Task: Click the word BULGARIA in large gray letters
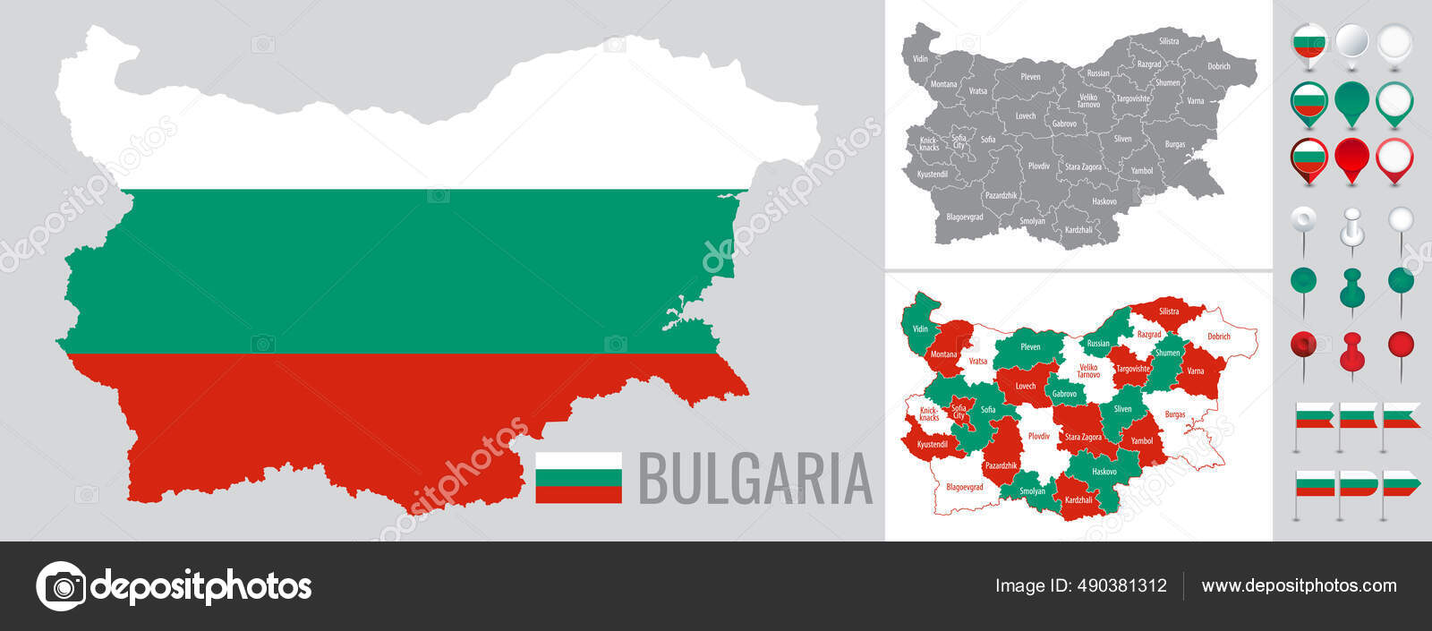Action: coord(754,479)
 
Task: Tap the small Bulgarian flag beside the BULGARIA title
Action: coord(578,478)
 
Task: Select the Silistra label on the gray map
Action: coord(1169,41)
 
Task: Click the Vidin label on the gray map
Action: coord(920,59)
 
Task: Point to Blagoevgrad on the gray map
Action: coord(965,217)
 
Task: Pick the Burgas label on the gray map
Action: coord(1175,144)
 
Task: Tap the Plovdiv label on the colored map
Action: coord(1039,436)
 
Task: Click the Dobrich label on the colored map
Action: coord(1219,337)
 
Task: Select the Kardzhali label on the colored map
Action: coord(1078,500)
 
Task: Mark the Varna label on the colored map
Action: coord(1196,371)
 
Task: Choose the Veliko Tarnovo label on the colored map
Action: coord(1088,371)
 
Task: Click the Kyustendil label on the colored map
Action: coord(933,444)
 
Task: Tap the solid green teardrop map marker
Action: coord(1351,101)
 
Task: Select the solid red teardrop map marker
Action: coord(1351,158)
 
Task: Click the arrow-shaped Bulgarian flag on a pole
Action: coord(1402,484)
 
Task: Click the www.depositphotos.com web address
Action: coord(1299,585)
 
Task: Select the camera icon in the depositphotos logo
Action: coord(61,586)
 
